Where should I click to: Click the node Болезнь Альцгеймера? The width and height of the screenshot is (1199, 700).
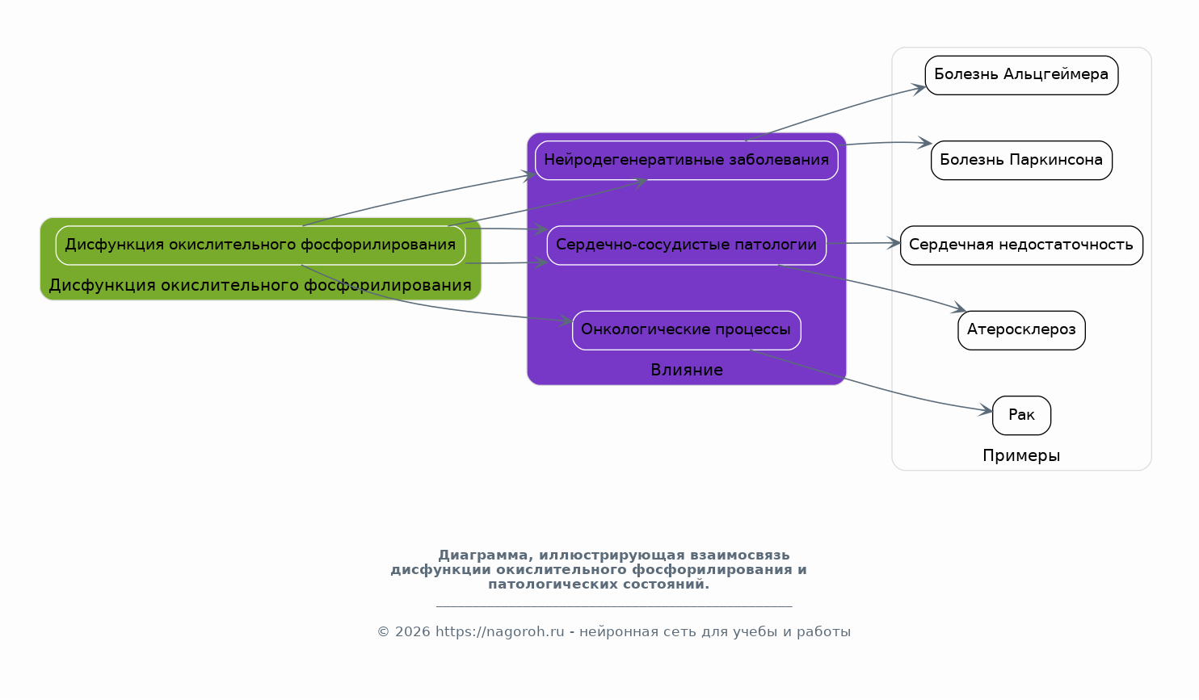(1021, 75)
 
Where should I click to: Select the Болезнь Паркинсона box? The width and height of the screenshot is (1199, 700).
(1021, 161)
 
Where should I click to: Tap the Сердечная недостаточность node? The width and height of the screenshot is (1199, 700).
(1021, 245)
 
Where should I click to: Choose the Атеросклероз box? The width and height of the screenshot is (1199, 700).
(1021, 330)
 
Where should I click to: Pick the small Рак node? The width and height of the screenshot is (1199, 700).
(1021, 416)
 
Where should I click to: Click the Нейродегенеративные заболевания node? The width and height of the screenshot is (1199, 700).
(686, 161)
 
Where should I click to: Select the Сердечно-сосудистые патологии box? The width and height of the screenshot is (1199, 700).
(686, 245)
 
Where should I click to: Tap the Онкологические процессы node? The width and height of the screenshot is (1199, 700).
(686, 330)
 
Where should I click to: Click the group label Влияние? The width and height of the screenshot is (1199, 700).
(687, 370)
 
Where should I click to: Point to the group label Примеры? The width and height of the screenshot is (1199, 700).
(1021, 455)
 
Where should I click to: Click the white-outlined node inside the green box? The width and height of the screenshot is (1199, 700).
(260, 245)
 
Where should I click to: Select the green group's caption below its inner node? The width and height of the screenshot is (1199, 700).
(260, 286)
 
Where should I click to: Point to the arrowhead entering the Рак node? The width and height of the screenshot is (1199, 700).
(986, 410)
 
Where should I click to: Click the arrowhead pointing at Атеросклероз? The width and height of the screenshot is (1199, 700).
(959, 308)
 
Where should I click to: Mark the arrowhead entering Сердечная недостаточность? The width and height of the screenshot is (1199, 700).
(894, 243)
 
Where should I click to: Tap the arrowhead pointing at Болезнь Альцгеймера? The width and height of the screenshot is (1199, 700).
(919, 88)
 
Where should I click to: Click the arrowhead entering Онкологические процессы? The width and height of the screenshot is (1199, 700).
(566, 321)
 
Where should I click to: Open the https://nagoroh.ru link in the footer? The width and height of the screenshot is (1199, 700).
(500, 632)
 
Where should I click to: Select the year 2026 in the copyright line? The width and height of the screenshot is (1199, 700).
(413, 632)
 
